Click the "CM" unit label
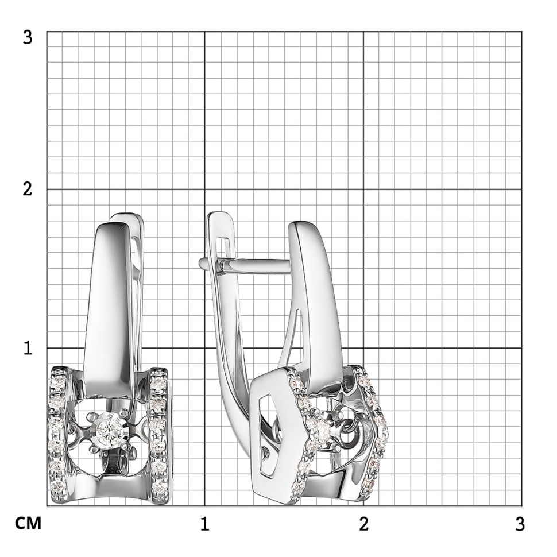click(x=28, y=523)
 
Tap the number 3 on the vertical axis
click(x=28, y=37)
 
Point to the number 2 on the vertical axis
click(x=28, y=189)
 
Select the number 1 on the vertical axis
click(x=28, y=348)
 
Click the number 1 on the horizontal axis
click(x=204, y=524)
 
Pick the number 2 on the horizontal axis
click(x=363, y=524)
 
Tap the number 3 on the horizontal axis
click(x=520, y=524)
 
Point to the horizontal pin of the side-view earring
click(x=245, y=265)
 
